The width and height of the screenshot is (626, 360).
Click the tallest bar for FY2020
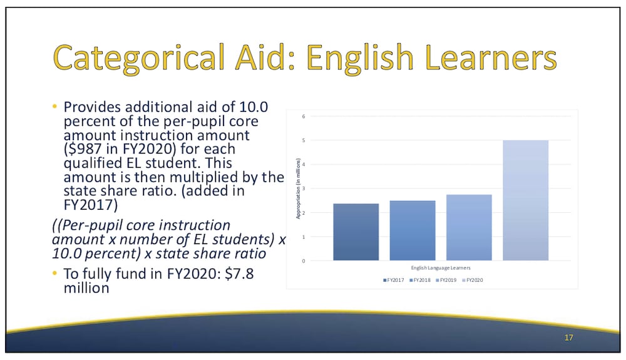pyautogui.click(x=525, y=200)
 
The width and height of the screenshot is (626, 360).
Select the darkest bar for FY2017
pyautogui.click(x=356, y=232)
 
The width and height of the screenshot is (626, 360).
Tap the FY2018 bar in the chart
pyautogui.click(x=413, y=230)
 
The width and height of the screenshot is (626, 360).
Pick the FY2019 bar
pyautogui.click(x=469, y=227)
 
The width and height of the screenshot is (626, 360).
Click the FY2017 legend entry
pyautogui.click(x=394, y=280)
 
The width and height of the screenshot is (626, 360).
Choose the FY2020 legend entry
pyautogui.click(x=473, y=280)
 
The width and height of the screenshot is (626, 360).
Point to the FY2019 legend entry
pyautogui.click(x=446, y=280)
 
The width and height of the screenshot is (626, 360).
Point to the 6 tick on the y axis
pyautogui.click(x=304, y=116)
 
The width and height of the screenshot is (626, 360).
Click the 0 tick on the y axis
pyautogui.click(x=304, y=261)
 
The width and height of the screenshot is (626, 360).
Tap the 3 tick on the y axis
pyautogui.click(x=304, y=188)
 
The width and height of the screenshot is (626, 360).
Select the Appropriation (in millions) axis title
pyautogui.click(x=298, y=188)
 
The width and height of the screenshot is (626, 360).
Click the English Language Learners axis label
pyautogui.click(x=441, y=268)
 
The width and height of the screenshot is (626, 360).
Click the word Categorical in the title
pyautogui.click(x=138, y=58)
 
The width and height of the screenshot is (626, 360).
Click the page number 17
pyautogui.click(x=569, y=337)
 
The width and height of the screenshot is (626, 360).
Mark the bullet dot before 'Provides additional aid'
pyautogui.click(x=54, y=106)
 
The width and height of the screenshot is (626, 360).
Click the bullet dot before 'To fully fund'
pyautogui.click(x=54, y=274)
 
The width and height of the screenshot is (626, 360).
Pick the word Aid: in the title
pyautogui.click(x=265, y=57)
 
